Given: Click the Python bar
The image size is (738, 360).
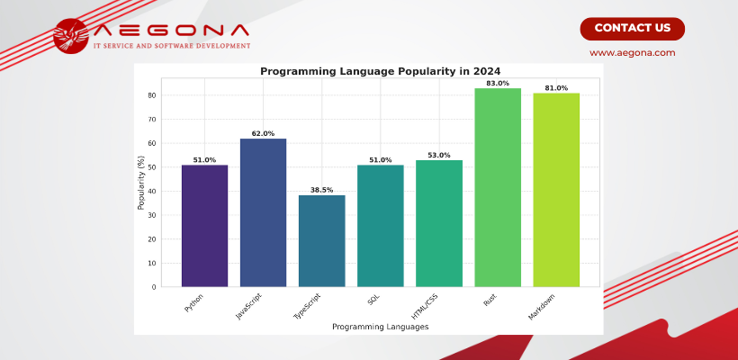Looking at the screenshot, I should (204, 226).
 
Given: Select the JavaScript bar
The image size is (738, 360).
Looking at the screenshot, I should (263, 212).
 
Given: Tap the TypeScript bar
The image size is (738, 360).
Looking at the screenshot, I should (321, 240).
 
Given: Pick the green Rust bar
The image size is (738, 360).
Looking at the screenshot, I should (498, 187).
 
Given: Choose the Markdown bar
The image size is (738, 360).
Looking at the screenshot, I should (556, 190).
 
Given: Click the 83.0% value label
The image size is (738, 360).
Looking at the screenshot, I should (498, 84).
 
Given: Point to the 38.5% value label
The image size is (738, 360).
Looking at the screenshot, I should (321, 191).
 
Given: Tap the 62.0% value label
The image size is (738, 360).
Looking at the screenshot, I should (263, 134).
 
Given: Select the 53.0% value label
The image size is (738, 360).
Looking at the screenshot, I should (439, 156).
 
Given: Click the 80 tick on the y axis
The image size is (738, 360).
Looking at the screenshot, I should (152, 95).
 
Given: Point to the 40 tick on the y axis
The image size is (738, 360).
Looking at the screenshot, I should (152, 192).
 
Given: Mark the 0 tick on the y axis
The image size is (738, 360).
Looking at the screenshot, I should (154, 287).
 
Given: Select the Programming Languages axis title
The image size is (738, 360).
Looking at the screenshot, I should (380, 327).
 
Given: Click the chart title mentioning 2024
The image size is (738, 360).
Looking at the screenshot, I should (380, 71).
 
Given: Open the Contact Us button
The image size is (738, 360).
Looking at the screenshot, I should (632, 28).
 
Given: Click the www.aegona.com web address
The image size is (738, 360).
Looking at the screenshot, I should (632, 53).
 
